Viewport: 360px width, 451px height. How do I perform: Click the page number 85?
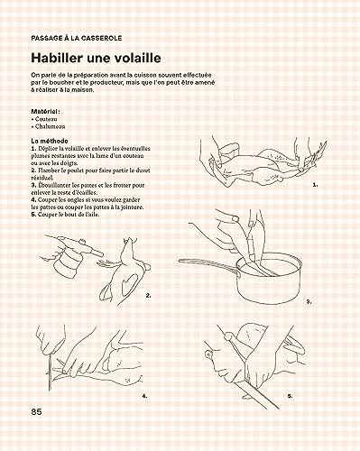click(x=37, y=411)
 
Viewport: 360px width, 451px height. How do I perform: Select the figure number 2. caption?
click(x=148, y=295)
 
